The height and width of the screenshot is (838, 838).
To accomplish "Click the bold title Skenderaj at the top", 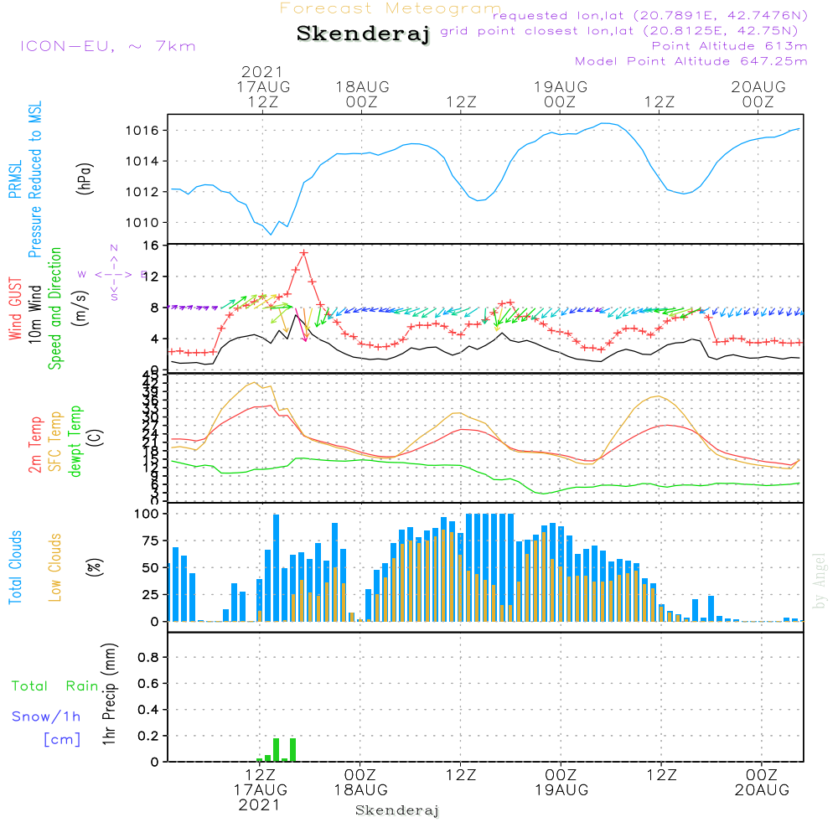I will point(363,34).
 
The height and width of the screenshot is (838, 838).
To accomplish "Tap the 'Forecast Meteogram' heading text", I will point(391,8).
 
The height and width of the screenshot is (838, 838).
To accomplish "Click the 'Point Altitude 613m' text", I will point(729,45).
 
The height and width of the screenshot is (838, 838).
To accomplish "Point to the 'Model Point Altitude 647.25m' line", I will point(691,60).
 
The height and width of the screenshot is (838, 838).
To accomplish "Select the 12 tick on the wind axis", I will point(152,277).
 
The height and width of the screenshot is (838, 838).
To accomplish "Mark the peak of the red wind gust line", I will point(303,252).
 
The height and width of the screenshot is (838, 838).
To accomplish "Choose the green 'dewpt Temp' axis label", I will point(75,441).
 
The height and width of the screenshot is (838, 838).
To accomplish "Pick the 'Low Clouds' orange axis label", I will point(55,566).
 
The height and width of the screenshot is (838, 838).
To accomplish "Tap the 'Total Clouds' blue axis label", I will point(15,566).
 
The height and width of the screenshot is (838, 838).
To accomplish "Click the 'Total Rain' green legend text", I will point(54,685).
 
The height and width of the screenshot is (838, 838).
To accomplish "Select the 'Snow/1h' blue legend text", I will point(47,716).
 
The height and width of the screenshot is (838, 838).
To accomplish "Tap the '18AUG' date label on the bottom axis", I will point(360,790).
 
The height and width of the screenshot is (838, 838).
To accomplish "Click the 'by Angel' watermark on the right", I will point(820,580).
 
